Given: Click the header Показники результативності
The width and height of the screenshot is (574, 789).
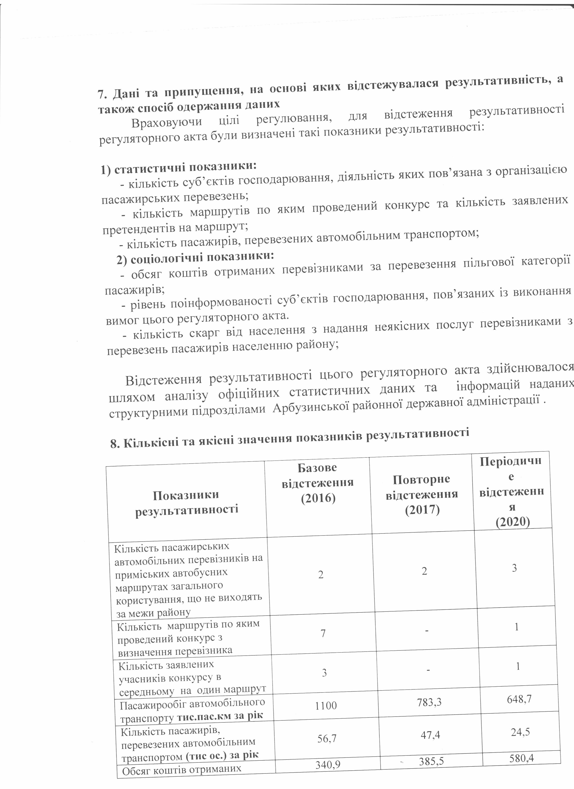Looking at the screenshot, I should click(187, 502).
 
